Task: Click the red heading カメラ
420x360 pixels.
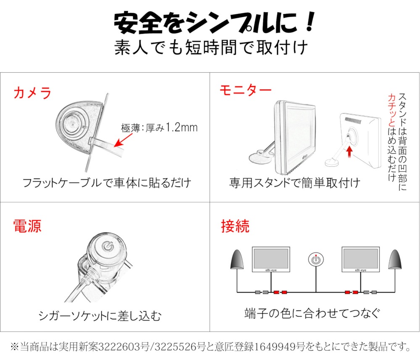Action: pos(32,93)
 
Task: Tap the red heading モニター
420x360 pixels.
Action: pos(245,90)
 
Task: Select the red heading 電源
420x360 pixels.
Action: pos(27,226)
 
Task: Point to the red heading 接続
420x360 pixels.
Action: pos(235,226)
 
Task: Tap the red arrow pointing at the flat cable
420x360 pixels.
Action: pos(123,140)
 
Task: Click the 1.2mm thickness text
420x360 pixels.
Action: pos(181,128)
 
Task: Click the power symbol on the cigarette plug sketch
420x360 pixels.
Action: pos(108,246)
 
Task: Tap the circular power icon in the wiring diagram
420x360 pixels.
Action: pos(316,259)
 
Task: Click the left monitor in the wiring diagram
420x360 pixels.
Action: pos(271,259)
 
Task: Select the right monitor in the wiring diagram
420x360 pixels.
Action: pos(360,259)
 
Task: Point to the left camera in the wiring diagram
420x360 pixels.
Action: pos(237,260)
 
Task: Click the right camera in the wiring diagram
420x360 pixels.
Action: pos(395,260)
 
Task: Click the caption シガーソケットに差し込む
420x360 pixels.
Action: pos(100,315)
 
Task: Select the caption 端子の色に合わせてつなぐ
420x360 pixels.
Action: pos(312,313)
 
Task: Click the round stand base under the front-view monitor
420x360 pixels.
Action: pos(259,157)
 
